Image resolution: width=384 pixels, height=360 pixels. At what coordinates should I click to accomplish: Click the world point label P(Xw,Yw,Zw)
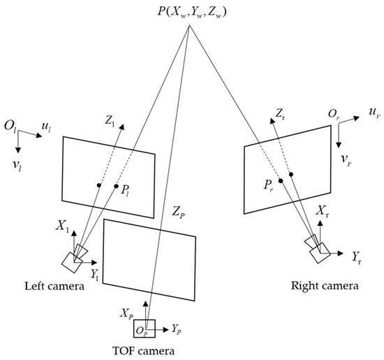[191, 13]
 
